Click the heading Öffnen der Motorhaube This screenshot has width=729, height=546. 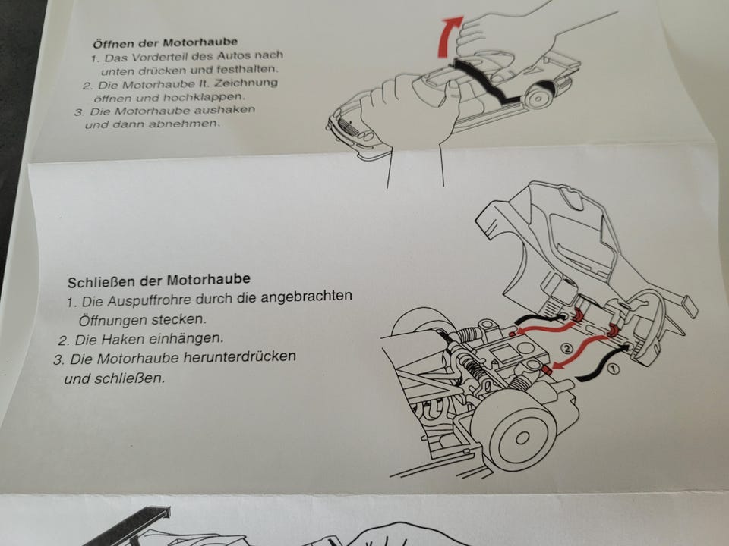point(166,43)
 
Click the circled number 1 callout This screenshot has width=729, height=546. point(613,369)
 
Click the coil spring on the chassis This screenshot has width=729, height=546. point(473,367)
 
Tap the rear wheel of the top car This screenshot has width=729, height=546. point(539,96)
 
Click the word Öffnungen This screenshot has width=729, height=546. point(113,320)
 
